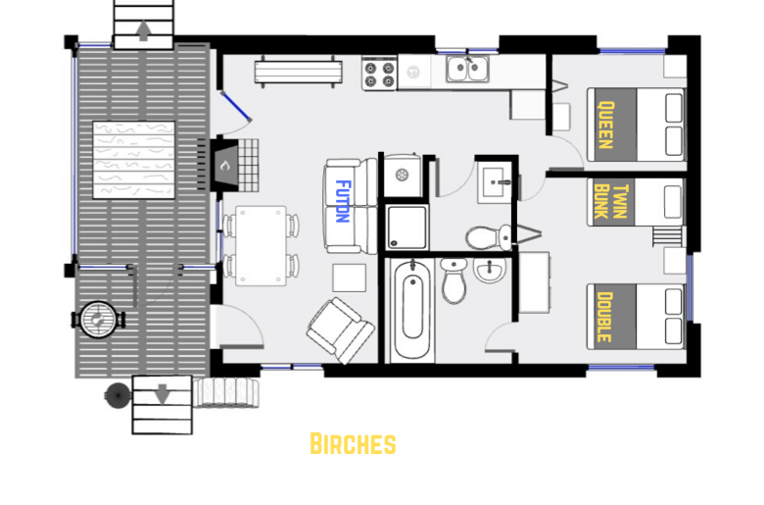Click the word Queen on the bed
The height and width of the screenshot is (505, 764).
click(x=605, y=125)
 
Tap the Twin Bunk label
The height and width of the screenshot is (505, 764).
click(x=611, y=202)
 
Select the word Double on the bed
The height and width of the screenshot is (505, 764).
click(x=604, y=317)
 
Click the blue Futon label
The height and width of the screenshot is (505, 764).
click(x=344, y=201)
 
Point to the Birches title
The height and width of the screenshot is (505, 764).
click(x=353, y=443)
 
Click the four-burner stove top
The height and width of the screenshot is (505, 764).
click(x=380, y=74)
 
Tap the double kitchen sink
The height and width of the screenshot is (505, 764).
click(x=468, y=69)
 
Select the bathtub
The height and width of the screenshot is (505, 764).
click(x=412, y=310)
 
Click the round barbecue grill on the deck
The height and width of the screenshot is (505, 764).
click(x=98, y=320)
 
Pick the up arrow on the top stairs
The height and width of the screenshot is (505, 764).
click(x=143, y=30)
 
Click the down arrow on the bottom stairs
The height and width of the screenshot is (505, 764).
click(x=163, y=394)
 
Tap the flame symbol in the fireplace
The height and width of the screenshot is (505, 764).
click(x=224, y=166)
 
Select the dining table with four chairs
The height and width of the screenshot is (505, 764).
click(x=261, y=245)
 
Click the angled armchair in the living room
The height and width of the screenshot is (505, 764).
click(x=340, y=330)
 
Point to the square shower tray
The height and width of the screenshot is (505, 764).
click(x=407, y=227)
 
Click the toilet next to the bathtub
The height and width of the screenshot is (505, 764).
click(x=454, y=280)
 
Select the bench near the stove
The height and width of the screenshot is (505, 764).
click(x=298, y=73)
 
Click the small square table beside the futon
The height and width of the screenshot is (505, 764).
click(x=350, y=278)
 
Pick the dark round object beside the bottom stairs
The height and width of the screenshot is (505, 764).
click(x=118, y=395)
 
